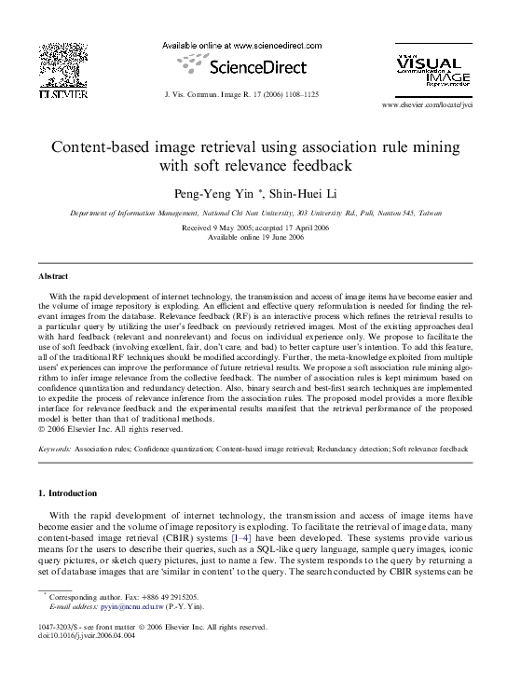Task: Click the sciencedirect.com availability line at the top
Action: (x=241, y=46)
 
